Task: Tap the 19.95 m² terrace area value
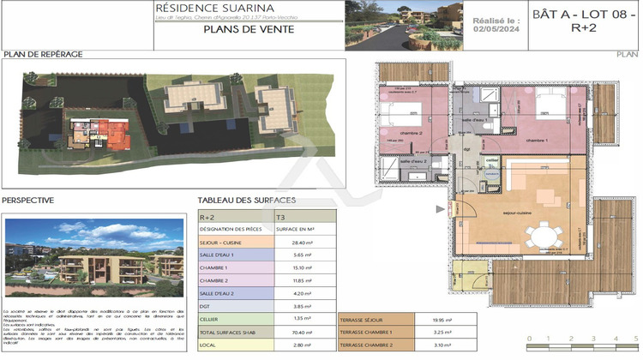coord(442,319)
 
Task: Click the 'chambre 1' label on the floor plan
coord(538,141)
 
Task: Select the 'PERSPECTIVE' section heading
coord(28,201)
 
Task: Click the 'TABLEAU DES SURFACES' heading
coord(247,201)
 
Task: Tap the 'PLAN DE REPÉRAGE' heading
coord(43,53)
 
